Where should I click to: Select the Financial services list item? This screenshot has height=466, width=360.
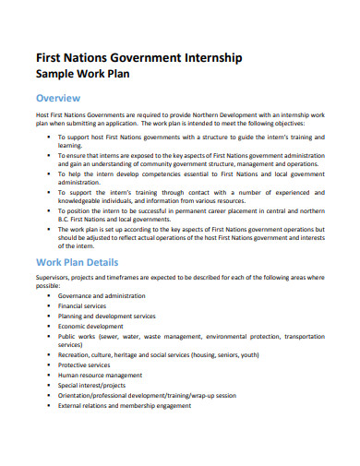point(82,305)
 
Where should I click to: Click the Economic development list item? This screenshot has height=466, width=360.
point(90,327)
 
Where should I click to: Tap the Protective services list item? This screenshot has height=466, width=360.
point(84,365)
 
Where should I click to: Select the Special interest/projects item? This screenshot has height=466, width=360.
point(92,386)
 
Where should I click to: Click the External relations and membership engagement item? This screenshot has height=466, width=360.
point(126,406)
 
